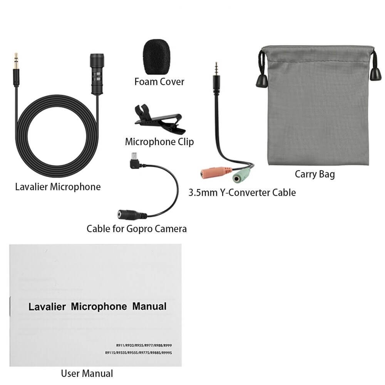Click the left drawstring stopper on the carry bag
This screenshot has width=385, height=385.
pos(260,81)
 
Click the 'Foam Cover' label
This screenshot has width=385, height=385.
pos(159,82)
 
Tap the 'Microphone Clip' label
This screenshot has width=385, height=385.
pos(159,142)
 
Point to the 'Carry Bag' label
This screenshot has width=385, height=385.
pos(315,174)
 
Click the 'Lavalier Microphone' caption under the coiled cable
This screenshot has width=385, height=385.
pos(58,187)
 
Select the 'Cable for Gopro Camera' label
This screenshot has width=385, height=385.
pos(137,229)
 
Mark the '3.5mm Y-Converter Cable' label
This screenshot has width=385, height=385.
pos(242,192)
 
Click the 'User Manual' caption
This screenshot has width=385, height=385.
pos(87,373)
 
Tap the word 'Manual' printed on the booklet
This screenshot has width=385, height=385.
pos(149,307)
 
